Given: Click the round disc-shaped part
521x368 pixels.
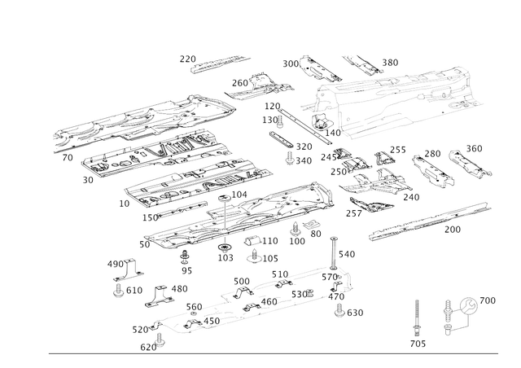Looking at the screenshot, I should [469, 307].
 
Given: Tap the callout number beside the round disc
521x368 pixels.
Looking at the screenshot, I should [489, 301].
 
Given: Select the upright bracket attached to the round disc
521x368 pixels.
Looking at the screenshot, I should [447, 317].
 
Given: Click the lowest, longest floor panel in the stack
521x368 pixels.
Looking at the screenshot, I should [236, 216].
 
